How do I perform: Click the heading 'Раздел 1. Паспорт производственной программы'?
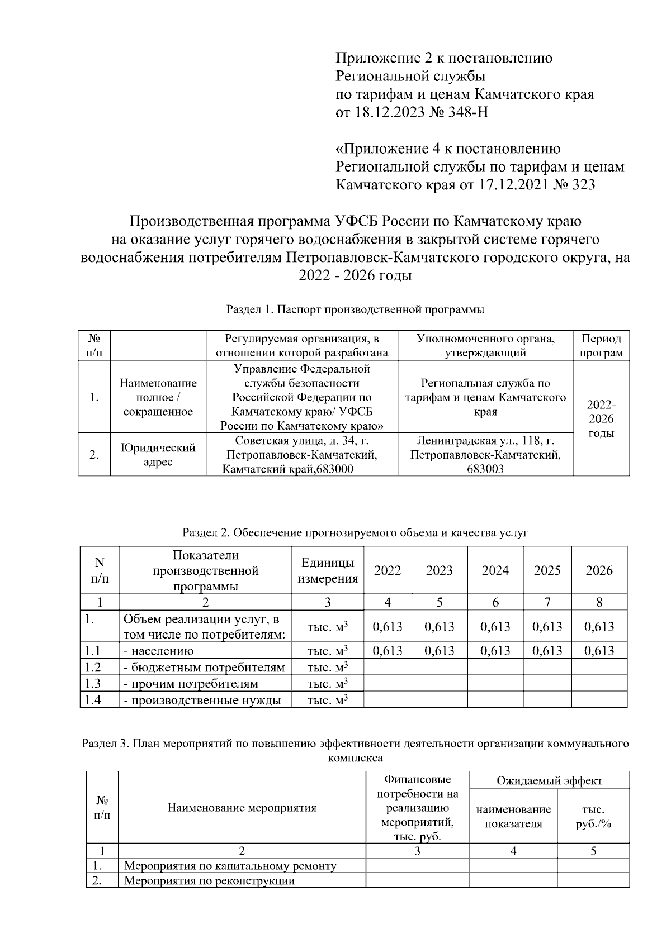(355, 309)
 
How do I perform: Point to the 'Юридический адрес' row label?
(158, 455)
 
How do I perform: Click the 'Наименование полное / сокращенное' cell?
(158, 397)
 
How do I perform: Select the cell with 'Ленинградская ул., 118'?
(485, 455)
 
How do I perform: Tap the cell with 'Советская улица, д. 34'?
(302, 455)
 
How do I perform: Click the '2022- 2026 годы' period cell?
(601, 418)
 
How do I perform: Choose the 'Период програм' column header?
(601, 346)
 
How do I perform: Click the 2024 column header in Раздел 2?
(495, 570)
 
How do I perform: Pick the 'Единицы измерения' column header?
(328, 570)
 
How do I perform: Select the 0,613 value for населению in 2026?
(599, 651)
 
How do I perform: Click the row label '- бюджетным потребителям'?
(204, 668)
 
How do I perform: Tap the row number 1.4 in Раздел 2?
(93, 700)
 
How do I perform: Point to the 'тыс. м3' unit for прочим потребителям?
(328, 684)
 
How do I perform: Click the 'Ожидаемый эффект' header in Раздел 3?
(549, 781)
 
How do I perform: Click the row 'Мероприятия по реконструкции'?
(209, 881)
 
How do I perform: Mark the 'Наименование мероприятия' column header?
(242, 808)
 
